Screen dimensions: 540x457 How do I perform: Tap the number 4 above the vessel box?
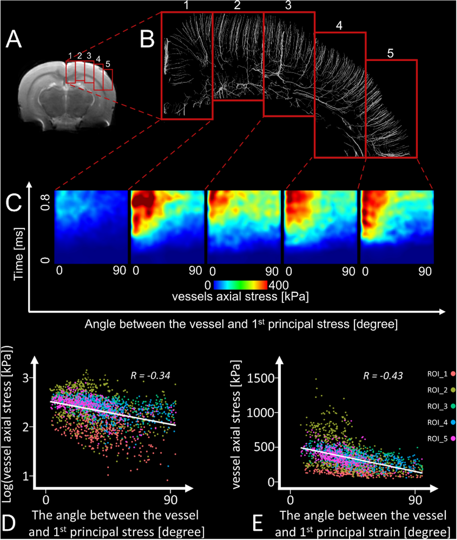click(339, 26)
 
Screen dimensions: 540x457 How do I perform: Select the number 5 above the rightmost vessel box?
click(390, 53)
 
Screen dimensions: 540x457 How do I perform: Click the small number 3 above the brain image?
click(89, 56)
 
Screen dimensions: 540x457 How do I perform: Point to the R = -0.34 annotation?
click(150, 376)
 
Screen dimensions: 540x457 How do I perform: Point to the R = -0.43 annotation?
click(383, 376)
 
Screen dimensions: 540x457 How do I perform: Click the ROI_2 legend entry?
click(438, 390)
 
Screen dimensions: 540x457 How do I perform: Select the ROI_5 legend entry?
click(438, 439)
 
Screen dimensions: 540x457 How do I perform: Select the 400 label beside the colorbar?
click(279, 285)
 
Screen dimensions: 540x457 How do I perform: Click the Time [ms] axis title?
click(18, 254)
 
